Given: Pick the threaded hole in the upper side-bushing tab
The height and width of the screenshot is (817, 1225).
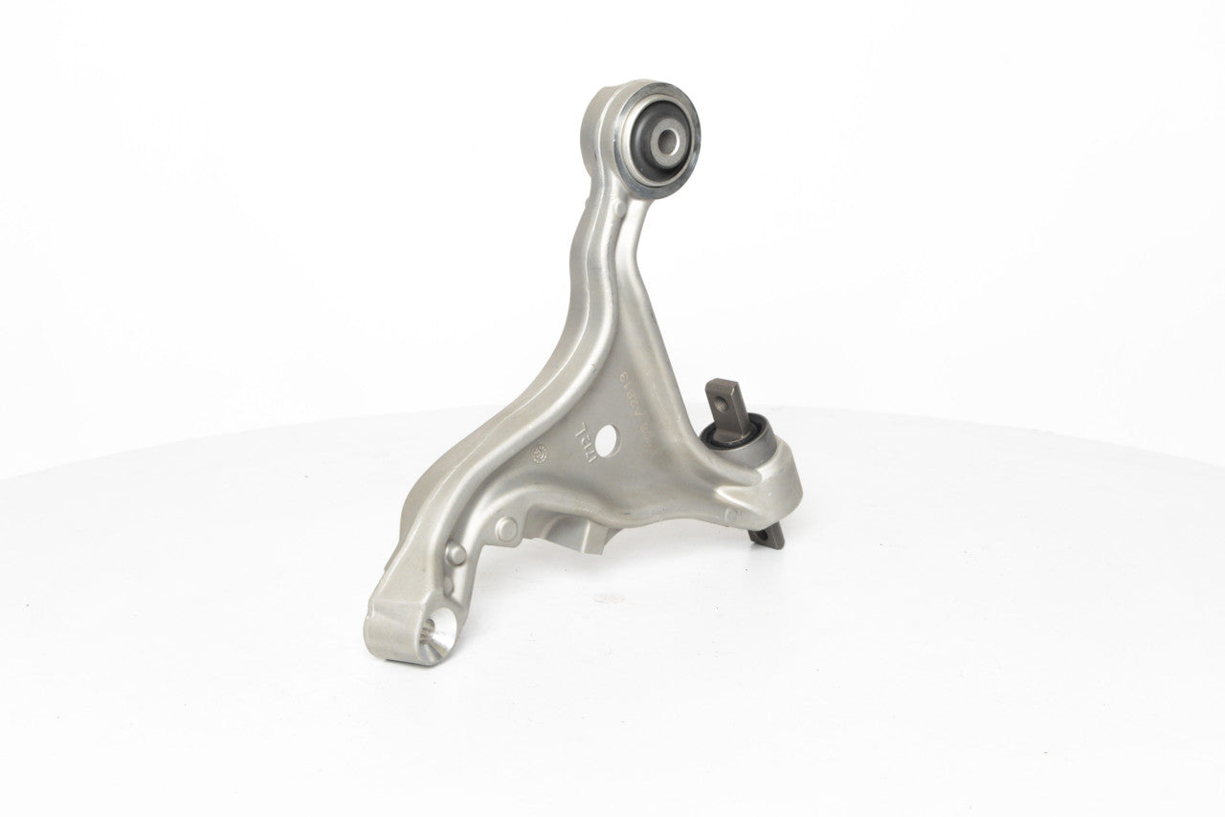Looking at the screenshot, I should point(719,391).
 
